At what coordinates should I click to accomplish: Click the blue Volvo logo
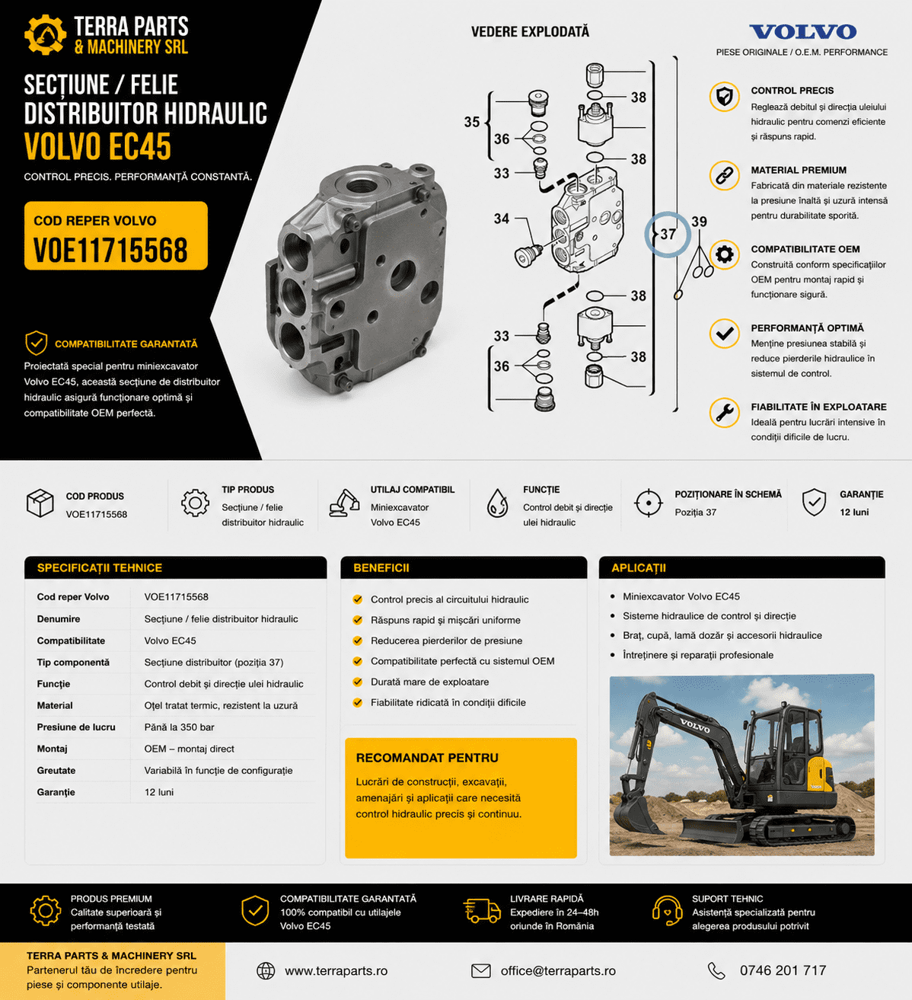click(803, 32)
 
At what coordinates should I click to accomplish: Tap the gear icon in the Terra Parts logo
click(45, 34)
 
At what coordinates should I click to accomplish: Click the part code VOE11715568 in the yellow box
click(110, 250)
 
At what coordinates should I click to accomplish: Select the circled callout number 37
click(668, 234)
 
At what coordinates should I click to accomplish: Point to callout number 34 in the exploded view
click(502, 219)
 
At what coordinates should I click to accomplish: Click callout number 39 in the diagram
click(699, 222)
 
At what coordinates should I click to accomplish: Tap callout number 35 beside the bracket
click(471, 122)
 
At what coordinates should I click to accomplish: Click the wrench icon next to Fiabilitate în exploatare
click(724, 412)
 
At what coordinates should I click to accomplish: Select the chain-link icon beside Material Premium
click(724, 175)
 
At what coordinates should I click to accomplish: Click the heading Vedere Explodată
click(530, 32)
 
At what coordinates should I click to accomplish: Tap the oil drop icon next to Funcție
click(497, 503)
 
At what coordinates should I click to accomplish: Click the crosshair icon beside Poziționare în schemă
click(649, 503)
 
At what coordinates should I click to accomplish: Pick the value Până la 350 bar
click(180, 727)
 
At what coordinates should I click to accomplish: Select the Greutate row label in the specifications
click(56, 770)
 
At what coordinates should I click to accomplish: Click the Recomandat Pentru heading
click(427, 758)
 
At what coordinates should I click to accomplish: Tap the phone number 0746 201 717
click(783, 970)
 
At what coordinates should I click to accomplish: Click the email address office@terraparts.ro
click(558, 970)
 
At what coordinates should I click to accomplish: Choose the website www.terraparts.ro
click(336, 970)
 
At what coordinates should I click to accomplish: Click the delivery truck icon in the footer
click(482, 911)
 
